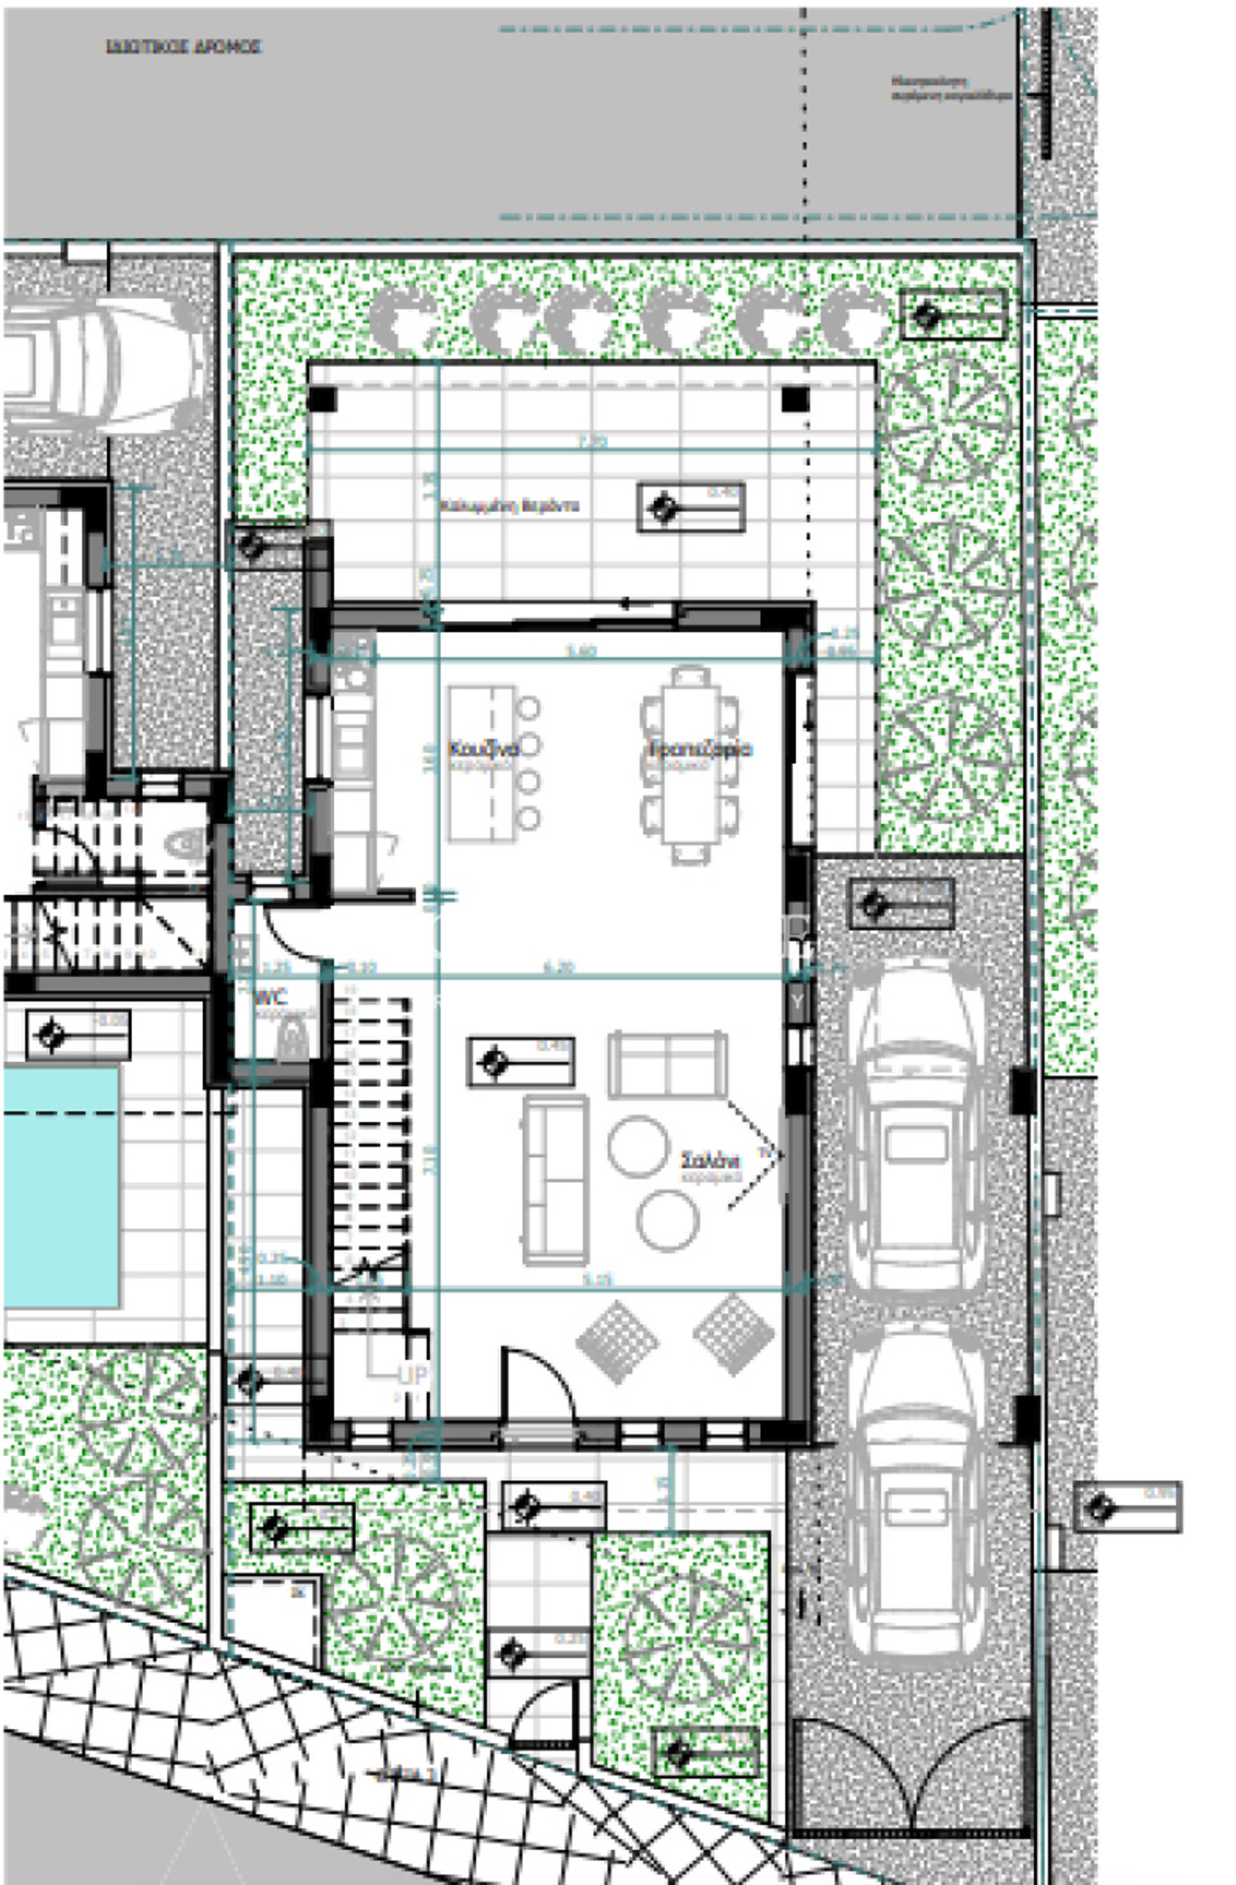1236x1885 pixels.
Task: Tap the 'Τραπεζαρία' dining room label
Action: point(700,749)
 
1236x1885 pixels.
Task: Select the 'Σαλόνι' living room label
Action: point(710,1161)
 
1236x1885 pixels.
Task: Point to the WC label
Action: point(271,997)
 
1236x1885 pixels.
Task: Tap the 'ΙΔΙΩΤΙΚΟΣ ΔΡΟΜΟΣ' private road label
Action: point(183,48)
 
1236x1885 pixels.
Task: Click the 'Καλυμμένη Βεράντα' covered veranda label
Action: point(510,505)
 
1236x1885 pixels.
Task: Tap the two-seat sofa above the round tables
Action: point(668,1064)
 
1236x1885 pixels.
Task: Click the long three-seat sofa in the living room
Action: point(555,1179)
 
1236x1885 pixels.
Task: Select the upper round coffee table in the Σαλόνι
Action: point(637,1145)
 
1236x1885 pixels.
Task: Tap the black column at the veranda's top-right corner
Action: point(794,399)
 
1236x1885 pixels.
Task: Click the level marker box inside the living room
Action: point(520,1062)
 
